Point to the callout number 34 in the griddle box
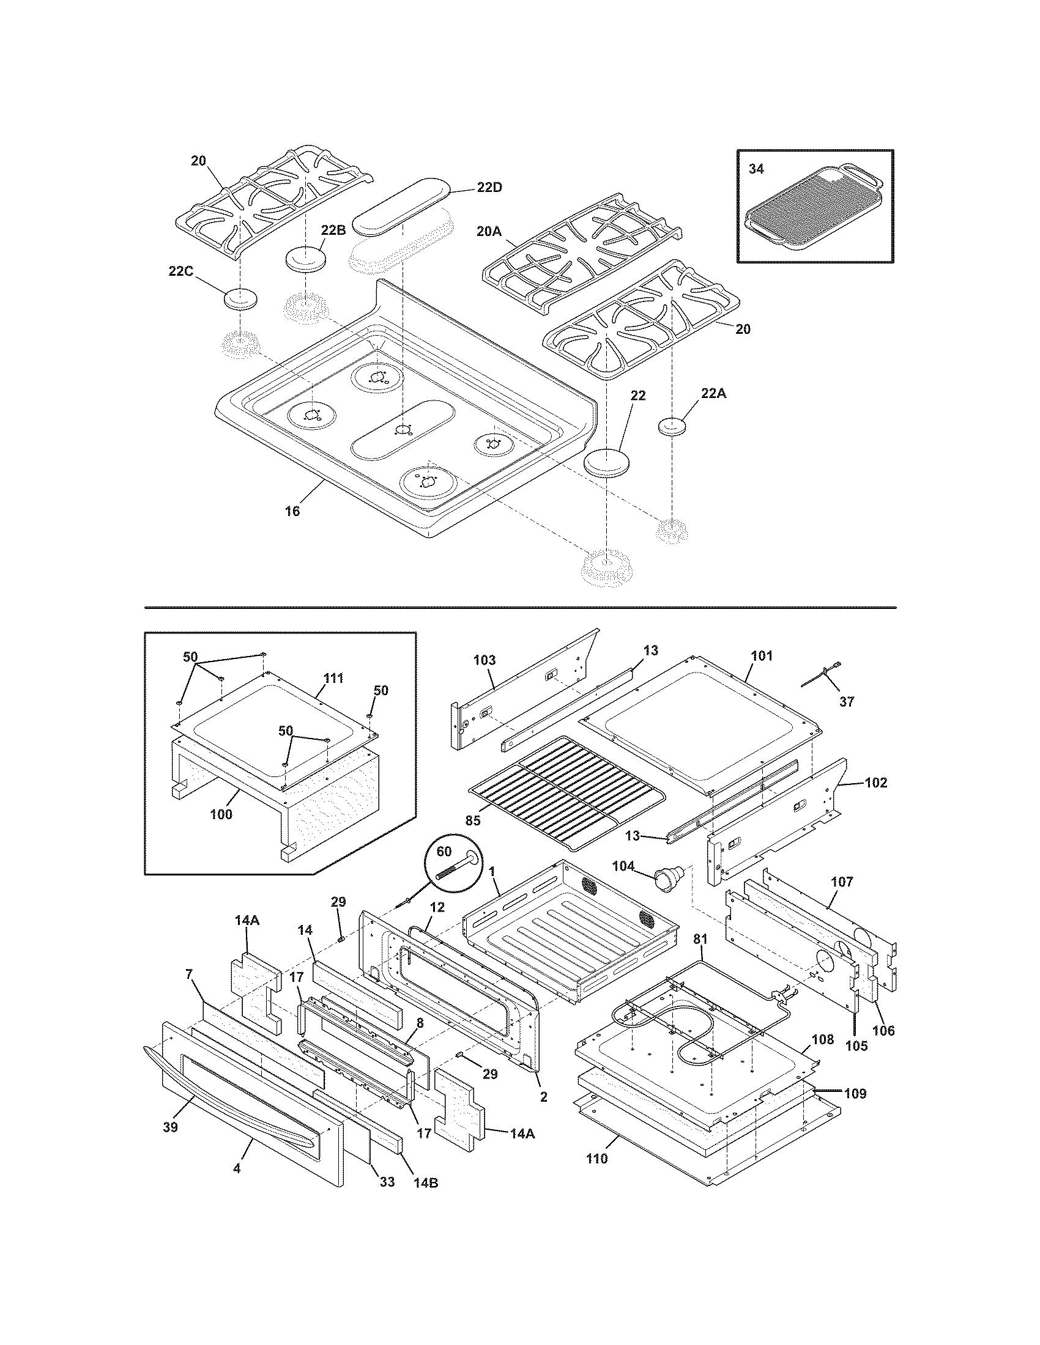coord(756,169)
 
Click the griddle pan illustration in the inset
coord(814,215)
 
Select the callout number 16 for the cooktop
coord(292,510)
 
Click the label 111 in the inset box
coord(333,678)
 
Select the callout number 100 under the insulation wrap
coord(221,814)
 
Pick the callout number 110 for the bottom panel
coord(596,1159)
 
